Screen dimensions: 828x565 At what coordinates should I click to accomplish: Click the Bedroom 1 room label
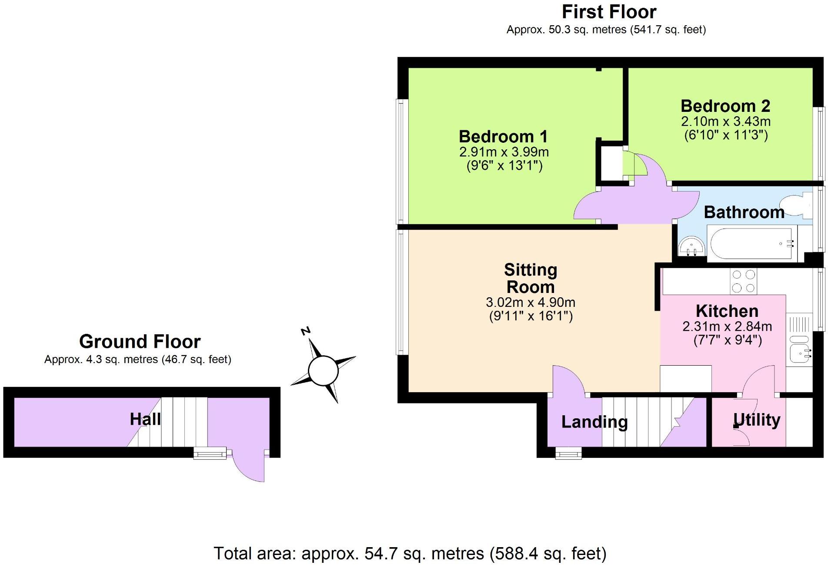point(503,137)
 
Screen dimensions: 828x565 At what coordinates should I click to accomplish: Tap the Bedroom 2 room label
point(725,106)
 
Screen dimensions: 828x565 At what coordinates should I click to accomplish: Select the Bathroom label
point(744,212)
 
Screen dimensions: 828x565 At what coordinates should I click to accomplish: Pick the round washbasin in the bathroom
point(691,246)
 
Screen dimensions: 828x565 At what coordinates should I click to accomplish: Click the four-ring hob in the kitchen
point(743,281)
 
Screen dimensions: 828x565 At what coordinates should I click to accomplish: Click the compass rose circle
point(323,371)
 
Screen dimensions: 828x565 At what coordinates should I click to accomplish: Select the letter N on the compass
point(306,331)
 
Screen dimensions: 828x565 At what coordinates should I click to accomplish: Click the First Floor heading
point(609,12)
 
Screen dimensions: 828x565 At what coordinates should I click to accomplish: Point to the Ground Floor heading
point(140,342)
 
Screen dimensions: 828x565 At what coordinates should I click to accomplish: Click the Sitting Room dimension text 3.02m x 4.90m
point(531,302)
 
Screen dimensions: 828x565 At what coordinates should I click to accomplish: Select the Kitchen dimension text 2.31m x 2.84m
point(727,326)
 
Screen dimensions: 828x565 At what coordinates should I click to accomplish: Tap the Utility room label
point(757,420)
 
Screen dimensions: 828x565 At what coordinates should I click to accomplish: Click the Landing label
point(594,422)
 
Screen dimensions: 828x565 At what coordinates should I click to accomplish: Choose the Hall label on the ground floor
point(145,419)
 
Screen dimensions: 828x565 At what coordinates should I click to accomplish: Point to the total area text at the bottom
point(410,554)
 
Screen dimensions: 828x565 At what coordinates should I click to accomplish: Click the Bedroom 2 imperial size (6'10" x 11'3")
point(726,135)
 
